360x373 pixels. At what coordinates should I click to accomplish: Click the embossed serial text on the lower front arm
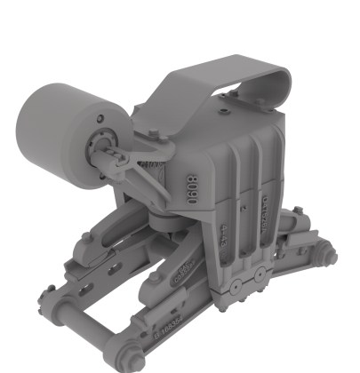pos(169,329)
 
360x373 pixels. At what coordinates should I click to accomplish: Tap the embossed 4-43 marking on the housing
pos(225,234)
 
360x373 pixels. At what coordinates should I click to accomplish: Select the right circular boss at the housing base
pos(258,277)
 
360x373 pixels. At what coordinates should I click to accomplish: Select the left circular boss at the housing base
pos(237,284)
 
